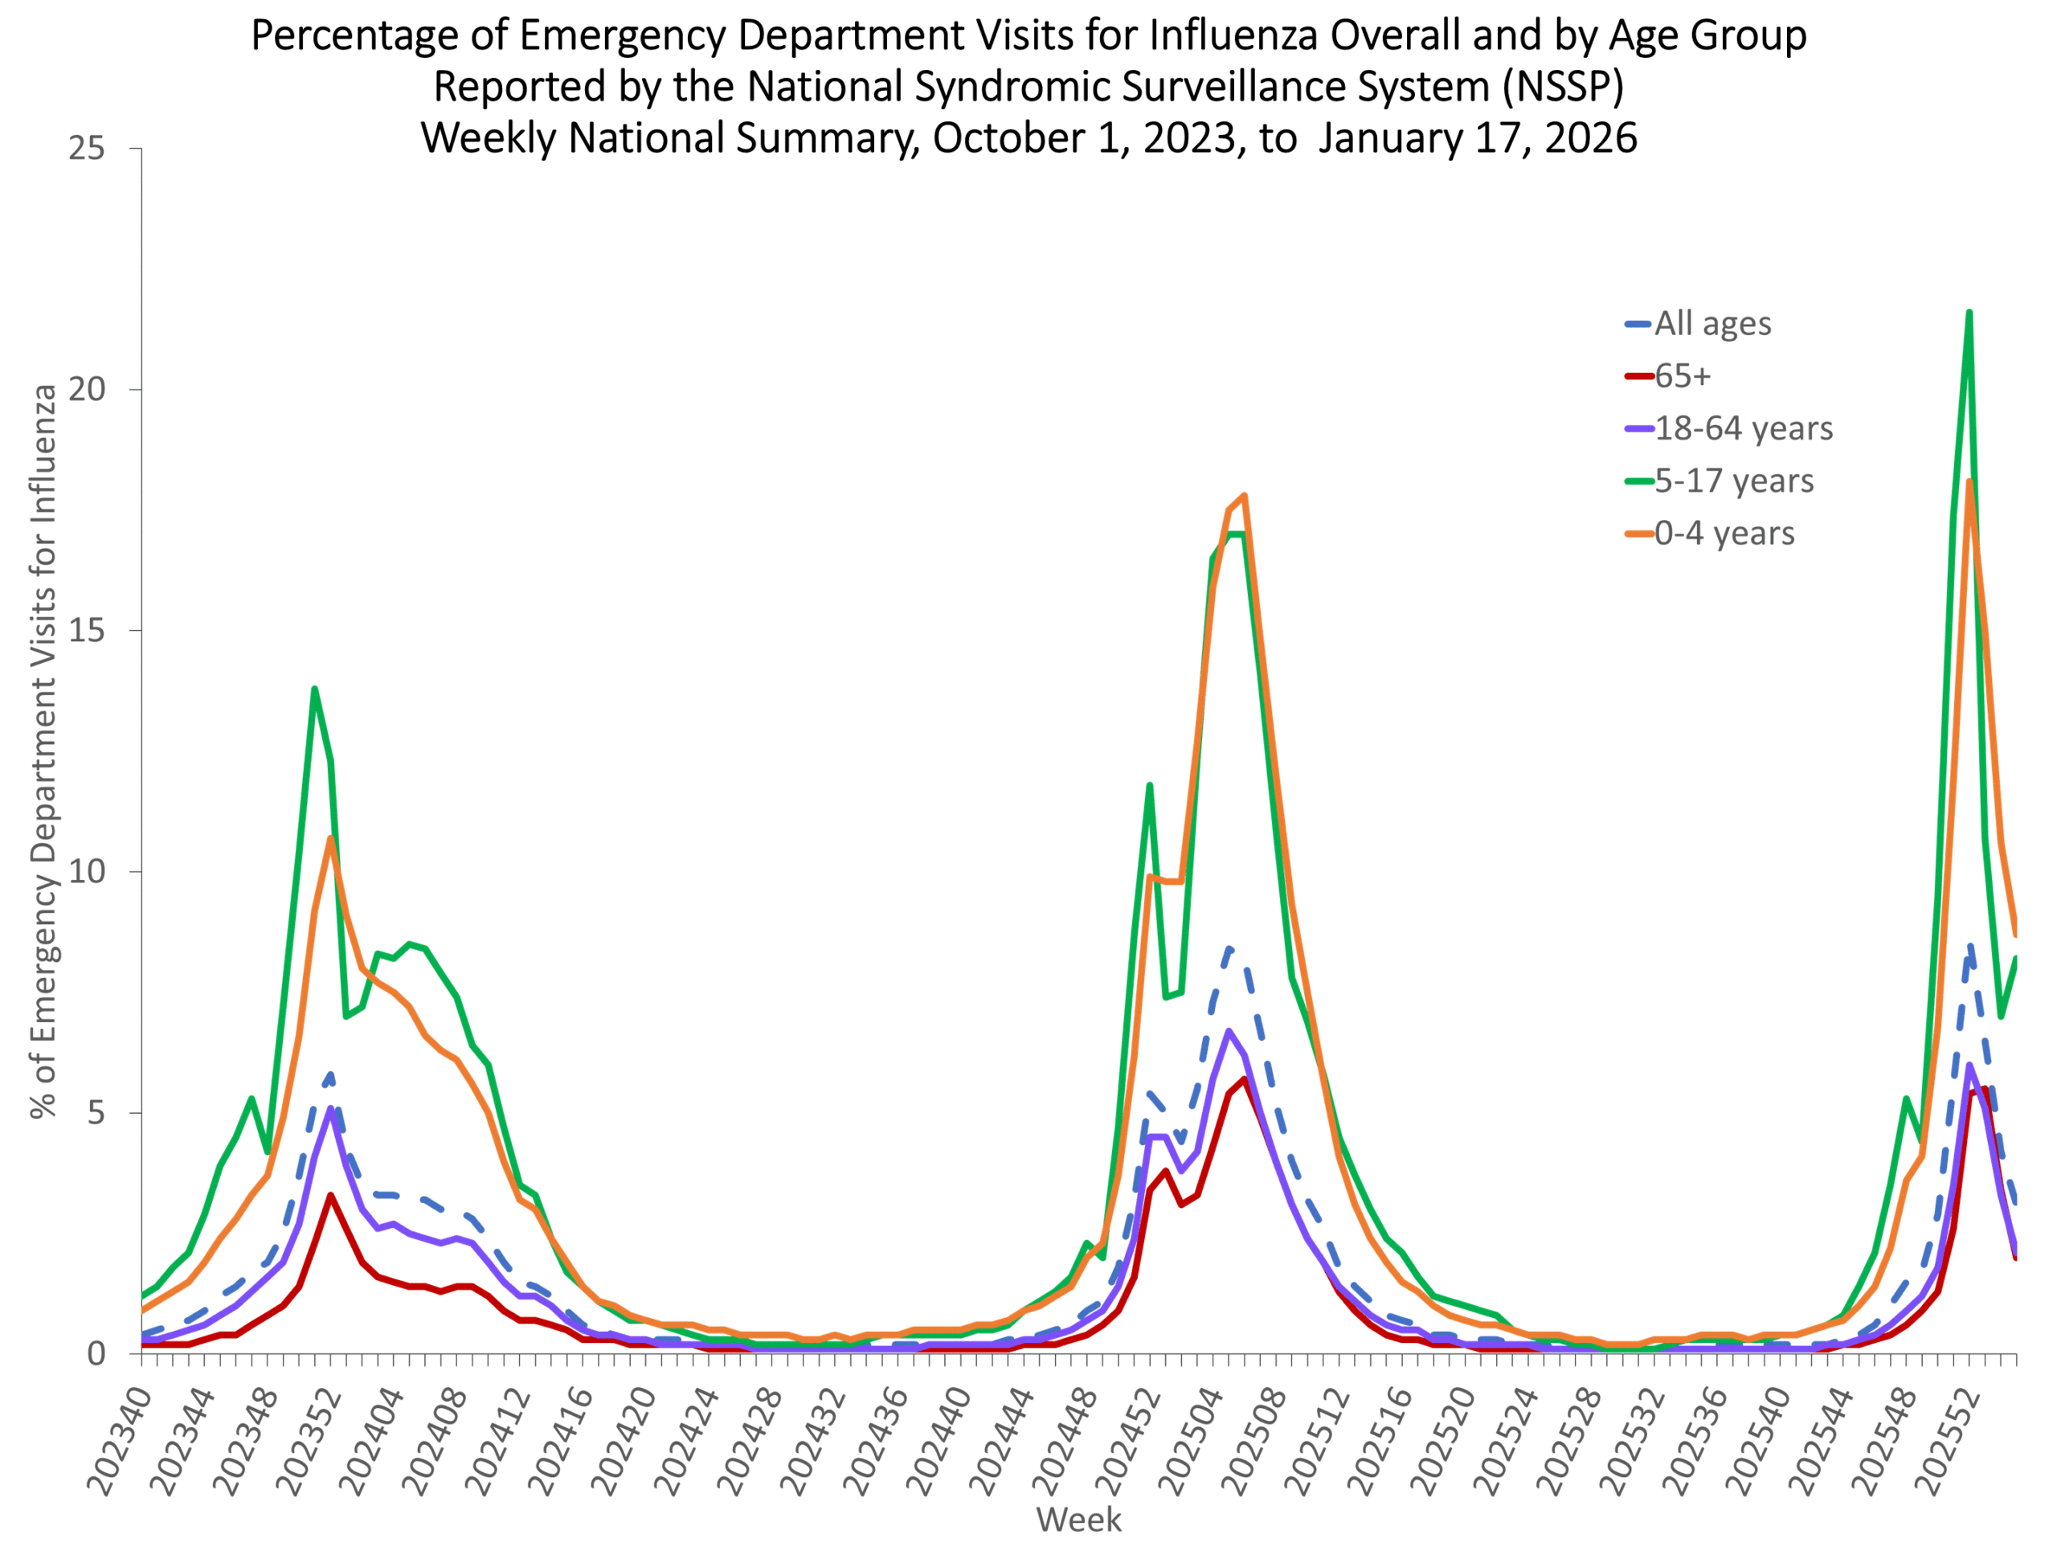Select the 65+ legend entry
1668,376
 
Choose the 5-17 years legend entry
1720,481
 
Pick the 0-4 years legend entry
1710,533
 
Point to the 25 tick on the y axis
87,148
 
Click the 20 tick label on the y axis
87,389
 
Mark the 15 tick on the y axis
87,630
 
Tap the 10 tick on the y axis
87,871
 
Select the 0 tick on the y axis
96,1353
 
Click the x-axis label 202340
119,1441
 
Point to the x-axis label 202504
1193,1441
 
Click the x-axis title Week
1078,1520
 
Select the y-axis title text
43,751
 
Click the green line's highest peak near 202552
1969,313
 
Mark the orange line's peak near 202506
1244,496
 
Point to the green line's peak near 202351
314,690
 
